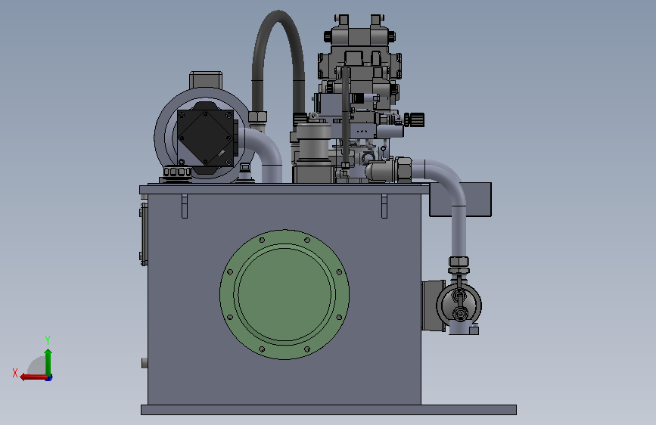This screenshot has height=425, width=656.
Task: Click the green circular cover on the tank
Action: pyautogui.click(x=284, y=294)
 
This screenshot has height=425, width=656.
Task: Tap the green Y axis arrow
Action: pyautogui.click(x=48, y=362)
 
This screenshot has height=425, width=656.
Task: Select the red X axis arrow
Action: pyautogui.click(x=33, y=377)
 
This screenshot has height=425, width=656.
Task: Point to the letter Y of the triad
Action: pyautogui.click(x=48, y=340)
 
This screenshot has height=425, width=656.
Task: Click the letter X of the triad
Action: pyautogui.click(x=15, y=373)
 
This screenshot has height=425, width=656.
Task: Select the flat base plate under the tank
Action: pyautogui.click(x=328, y=410)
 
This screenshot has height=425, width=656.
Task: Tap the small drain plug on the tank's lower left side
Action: pyautogui.click(x=145, y=363)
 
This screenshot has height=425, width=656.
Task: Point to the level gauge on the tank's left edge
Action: pyautogui.click(x=144, y=234)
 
